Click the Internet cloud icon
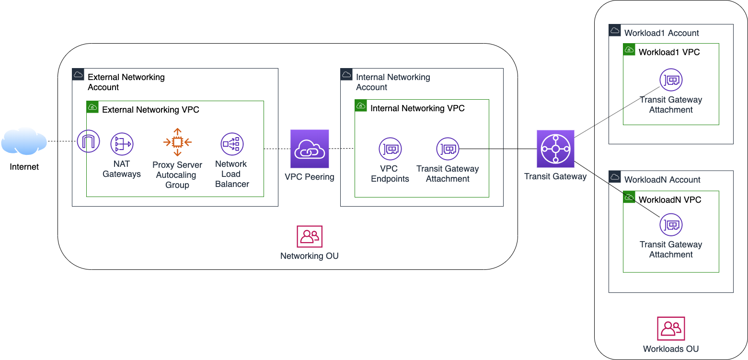[24, 141]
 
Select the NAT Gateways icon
[122, 144]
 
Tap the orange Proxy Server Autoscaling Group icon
[177, 142]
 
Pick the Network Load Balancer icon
[232, 144]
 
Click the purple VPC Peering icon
[310, 149]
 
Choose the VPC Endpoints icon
[390, 149]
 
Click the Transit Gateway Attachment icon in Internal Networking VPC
[448, 149]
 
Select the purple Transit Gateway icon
[555, 149]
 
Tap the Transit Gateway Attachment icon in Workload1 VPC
[671, 80]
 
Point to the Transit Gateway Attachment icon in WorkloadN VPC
[671, 224]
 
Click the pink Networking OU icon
[310, 237]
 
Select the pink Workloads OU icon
[671, 328]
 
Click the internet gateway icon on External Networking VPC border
[89, 141]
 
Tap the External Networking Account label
[126, 82]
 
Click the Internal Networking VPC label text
[417, 108]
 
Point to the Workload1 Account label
[661, 33]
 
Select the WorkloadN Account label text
[662, 180]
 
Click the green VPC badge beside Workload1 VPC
[629, 50]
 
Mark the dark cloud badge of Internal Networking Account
[346, 74]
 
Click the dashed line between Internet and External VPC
[62, 141]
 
